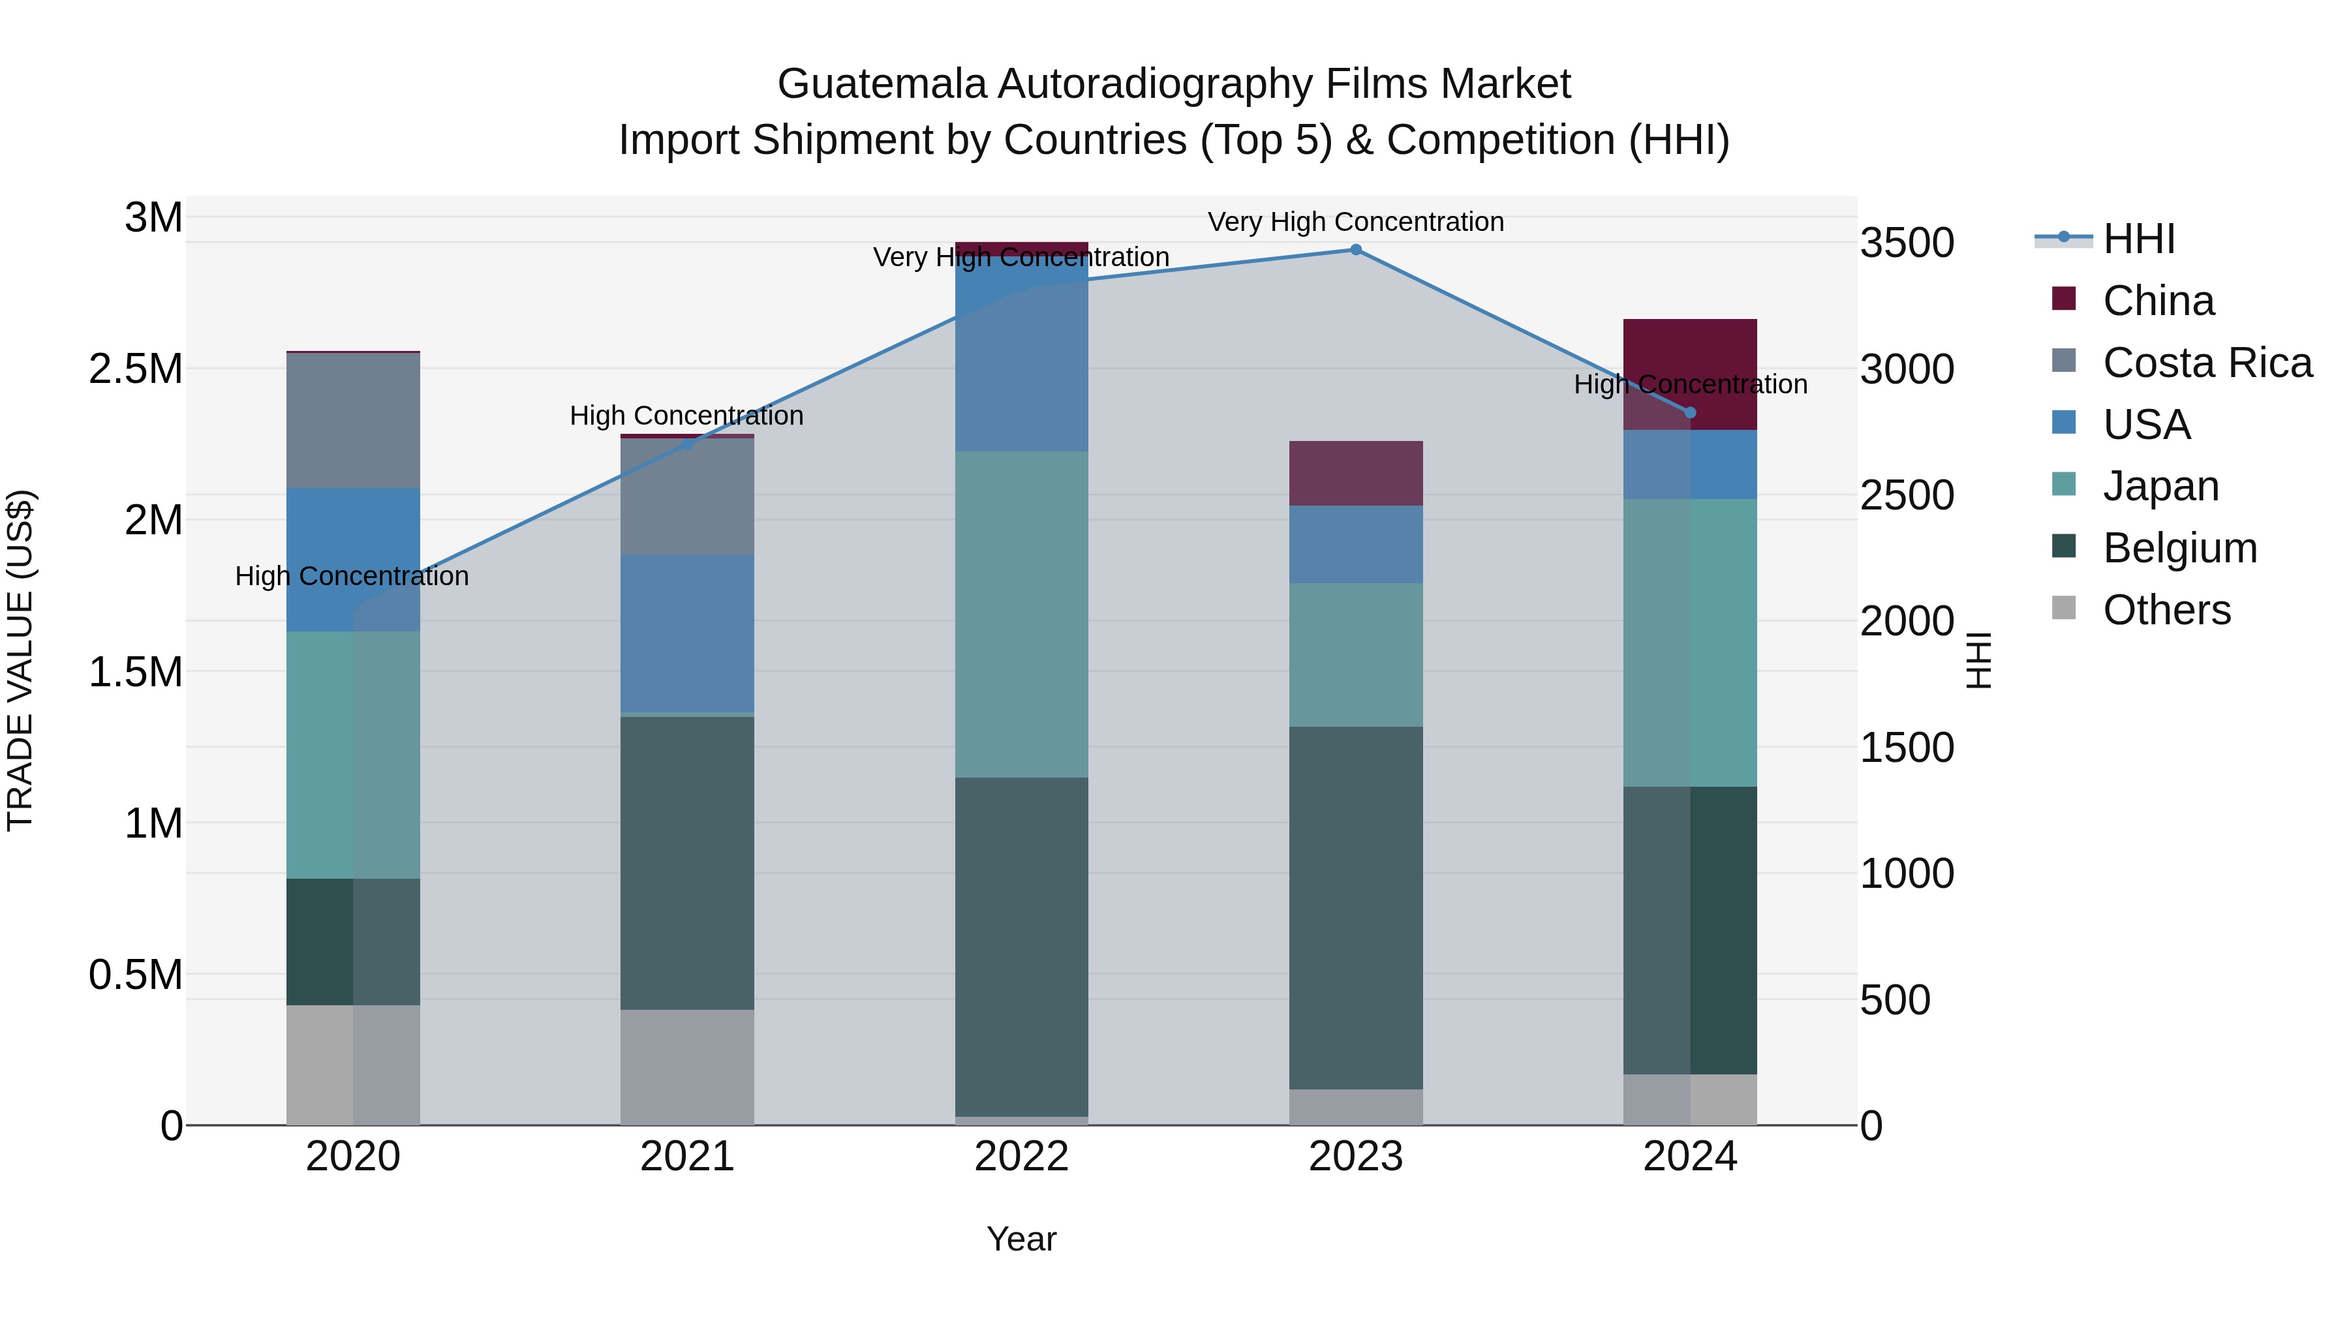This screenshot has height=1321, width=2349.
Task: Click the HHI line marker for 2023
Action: point(1355,250)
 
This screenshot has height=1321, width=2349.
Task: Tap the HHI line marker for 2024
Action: point(1690,413)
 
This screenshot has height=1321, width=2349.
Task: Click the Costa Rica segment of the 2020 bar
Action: point(353,420)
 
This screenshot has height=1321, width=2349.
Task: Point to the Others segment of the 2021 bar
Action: point(686,1067)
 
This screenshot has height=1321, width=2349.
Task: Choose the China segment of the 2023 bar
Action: point(1355,473)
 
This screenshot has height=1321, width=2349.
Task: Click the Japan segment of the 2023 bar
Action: point(1355,654)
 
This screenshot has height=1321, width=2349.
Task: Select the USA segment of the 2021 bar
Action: point(686,633)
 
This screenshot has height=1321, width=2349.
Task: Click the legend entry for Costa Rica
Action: point(2207,363)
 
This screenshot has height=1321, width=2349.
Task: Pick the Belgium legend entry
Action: point(2179,548)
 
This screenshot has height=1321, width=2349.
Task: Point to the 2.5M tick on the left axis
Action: point(136,369)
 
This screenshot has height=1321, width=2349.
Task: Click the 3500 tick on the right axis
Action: point(1907,243)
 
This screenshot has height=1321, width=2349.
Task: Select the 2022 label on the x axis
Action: point(1021,1157)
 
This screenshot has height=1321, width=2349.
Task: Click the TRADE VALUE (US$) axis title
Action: point(21,660)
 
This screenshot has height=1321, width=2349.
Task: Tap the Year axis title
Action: point(1021,1239)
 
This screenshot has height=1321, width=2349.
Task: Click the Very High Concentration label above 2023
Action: point(1355,222)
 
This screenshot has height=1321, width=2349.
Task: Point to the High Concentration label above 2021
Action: point(686,416)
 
